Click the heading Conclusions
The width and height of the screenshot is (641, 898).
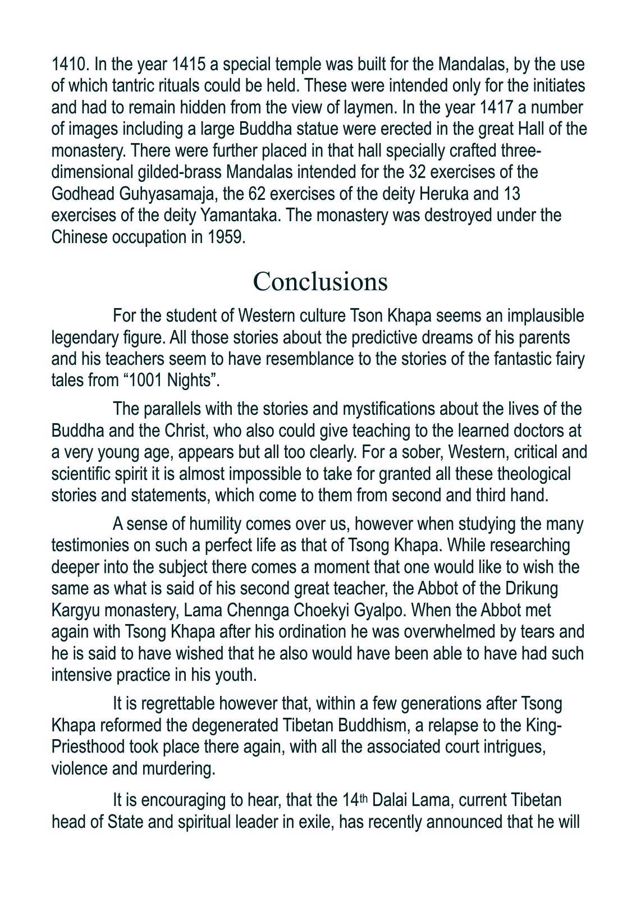(x=320, y=281)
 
